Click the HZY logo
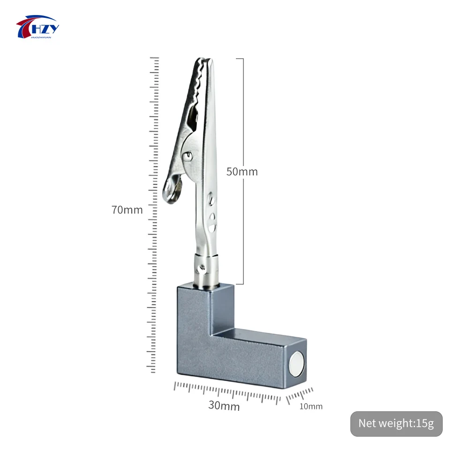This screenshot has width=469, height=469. coord(38,27)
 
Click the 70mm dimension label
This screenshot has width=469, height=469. coord(127,210)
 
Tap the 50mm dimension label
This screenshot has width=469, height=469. coord(242,172)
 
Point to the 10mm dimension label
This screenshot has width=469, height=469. coord(311,407)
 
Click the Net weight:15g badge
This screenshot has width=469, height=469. coord(396,424)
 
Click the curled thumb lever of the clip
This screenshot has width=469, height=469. coord(173,190)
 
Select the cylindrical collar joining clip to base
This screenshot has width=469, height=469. coord(206,270)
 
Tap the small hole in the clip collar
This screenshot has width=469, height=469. coord(202,269)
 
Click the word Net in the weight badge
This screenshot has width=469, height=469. coord(367,424)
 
